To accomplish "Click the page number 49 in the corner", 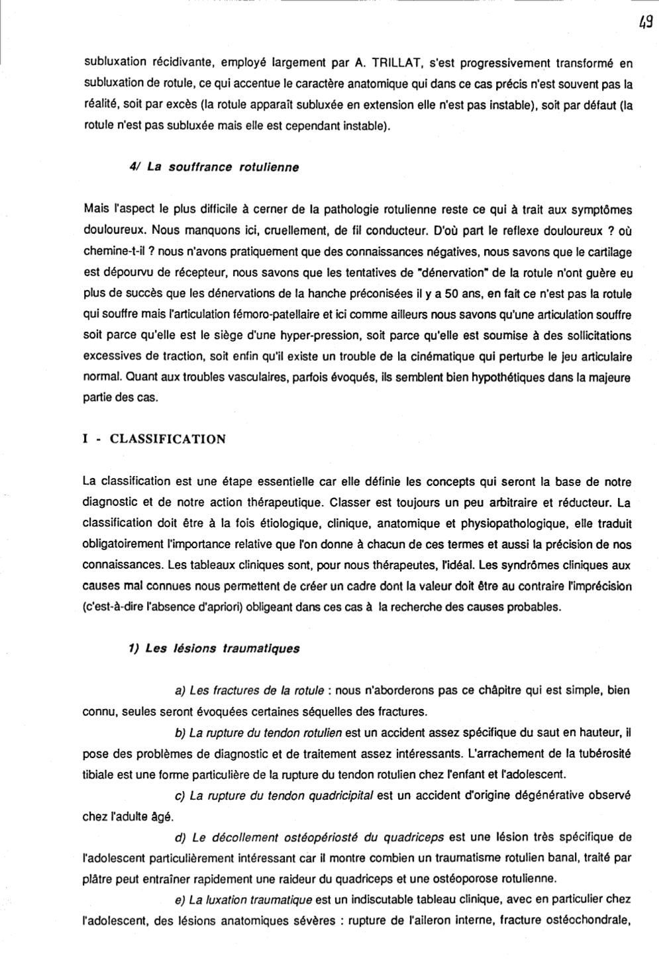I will tap(646, 21).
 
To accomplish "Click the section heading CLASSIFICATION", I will tap(168, 439).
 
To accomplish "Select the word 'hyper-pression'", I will tap(285, 336).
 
